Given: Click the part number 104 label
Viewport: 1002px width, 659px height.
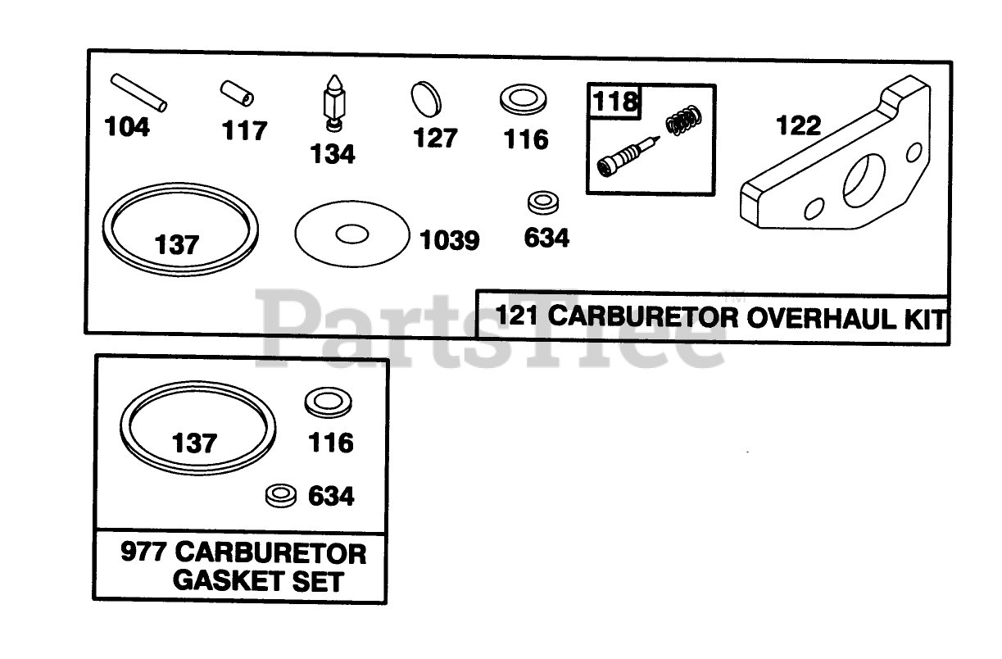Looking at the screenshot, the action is (127, 128).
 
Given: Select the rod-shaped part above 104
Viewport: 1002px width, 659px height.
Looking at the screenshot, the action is (139, 93).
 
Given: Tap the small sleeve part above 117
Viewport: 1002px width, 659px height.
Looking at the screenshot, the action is (237, 93).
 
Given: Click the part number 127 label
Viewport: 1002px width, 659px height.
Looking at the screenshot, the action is (435, 138).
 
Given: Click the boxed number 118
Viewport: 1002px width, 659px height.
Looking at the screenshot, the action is (614, 102).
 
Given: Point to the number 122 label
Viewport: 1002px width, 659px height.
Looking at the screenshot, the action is (798, 125).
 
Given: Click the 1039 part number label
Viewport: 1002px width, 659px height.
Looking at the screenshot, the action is (449, 241).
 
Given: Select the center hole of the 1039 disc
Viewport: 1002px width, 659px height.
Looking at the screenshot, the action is (352, 234).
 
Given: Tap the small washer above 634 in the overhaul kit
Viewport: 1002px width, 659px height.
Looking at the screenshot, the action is (542, 202).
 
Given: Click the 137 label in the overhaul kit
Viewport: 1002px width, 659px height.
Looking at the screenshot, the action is (177, 244).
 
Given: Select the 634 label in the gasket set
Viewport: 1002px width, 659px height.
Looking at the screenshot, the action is (331, 496).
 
